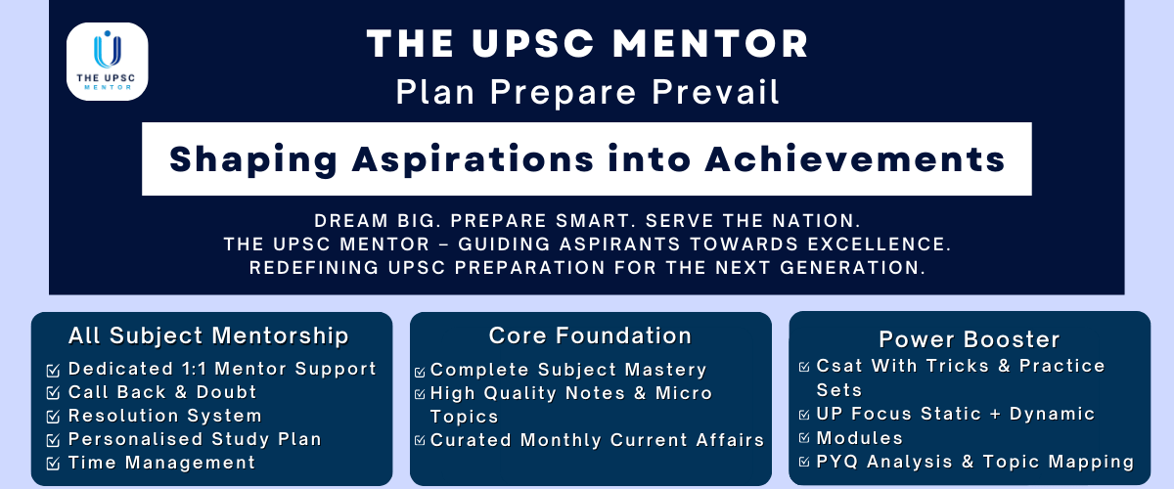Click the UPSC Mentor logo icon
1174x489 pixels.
click(107, 62)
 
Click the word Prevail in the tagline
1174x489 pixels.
click(715, 92)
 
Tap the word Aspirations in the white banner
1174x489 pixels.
click(473, 159)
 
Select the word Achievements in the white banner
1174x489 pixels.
click(855, 159)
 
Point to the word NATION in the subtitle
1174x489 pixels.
click(817, 221)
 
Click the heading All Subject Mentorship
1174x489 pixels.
click(208, 336)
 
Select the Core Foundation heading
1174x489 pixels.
click(590, 336)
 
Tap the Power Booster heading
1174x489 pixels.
click(970, 339)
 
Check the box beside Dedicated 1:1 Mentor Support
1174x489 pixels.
click(53, 371)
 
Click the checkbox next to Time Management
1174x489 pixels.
click(53, 464)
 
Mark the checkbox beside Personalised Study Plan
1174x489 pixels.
click(53, 440)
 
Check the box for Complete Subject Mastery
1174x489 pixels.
click(420, 372)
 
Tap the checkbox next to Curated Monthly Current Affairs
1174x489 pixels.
click(420, 440)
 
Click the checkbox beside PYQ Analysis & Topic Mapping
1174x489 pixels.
click(804, 462)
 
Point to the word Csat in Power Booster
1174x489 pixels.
click(839, 366)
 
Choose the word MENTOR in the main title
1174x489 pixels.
click(710, 43)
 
